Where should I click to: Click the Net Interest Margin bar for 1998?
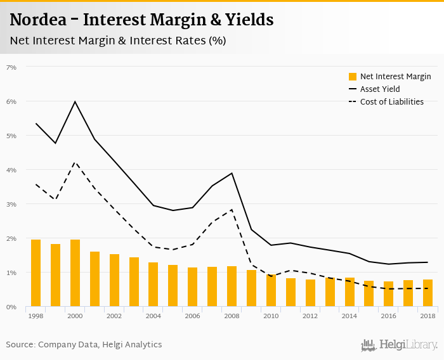tap(36, 273)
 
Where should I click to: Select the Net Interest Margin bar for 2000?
tap(75, 273)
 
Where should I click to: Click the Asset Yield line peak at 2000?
tap(75, 101)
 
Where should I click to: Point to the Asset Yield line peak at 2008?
tap(232, 173)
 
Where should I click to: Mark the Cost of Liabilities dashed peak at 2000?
tap(75, 162)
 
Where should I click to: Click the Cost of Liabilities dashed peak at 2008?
tap(232, 209)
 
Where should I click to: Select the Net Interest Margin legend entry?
tap(389, 77)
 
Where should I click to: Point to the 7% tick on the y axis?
tap(11, 67)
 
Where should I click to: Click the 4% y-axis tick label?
tap(11, 170)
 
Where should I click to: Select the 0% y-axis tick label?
tap(11, 307)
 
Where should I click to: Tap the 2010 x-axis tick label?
tap(271, 316)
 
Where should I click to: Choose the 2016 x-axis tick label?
tap(388, 316)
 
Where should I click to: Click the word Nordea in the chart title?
tap(39, 20)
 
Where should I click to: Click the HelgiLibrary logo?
tap(399, 345)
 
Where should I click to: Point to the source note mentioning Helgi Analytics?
tap(84, 345)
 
